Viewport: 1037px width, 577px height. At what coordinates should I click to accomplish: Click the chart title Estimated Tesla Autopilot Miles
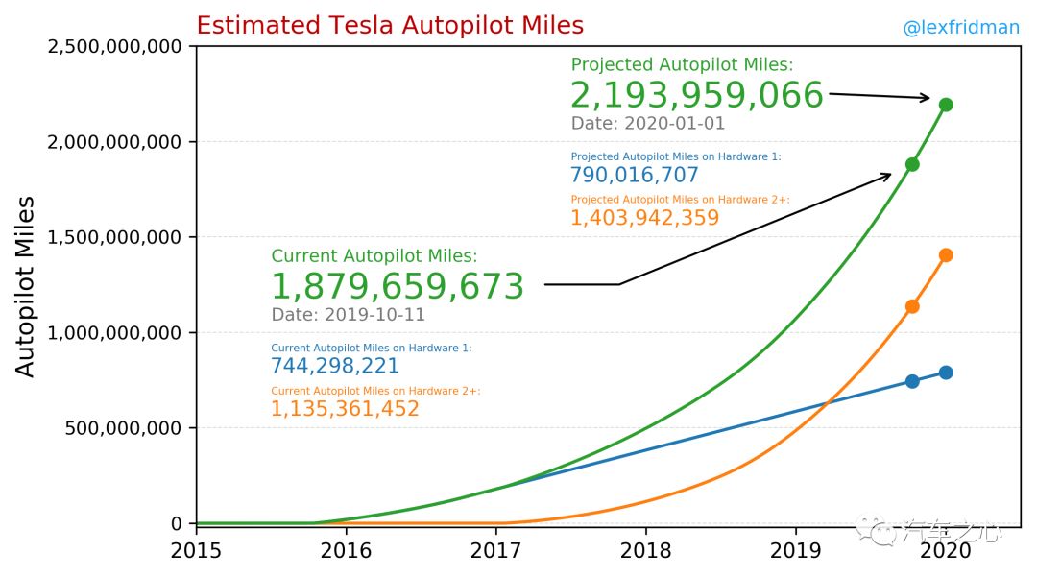click(389, 26)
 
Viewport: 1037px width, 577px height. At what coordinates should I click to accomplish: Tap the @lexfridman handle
click(960, 28)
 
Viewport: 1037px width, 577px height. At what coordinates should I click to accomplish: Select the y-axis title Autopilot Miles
click(27, 286)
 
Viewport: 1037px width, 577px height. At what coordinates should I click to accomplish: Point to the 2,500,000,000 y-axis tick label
click(113, 46)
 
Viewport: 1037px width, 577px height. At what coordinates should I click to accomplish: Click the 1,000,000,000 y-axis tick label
click(113, 333)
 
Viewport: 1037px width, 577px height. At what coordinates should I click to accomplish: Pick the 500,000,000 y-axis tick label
click(123, 428)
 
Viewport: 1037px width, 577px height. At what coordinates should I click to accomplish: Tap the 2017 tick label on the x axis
click(496, 551)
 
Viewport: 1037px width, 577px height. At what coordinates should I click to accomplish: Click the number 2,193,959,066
click(696, 96)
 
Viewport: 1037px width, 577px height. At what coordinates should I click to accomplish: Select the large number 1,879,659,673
click(397, 287)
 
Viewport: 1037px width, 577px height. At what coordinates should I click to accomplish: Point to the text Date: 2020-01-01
click(648, 124)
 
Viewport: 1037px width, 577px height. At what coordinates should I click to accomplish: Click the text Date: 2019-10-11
click(348, 315)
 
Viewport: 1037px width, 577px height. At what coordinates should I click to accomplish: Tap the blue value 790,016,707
click(634, 175)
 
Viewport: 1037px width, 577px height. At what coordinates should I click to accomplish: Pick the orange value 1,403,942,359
click(644, 218)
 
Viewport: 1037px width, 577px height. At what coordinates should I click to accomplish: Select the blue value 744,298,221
click(334, 366)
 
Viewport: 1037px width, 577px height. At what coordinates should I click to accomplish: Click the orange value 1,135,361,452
click(345, 409)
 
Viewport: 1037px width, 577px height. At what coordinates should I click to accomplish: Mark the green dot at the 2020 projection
click(946, 104)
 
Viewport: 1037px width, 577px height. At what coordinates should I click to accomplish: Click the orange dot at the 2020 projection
click(946, 254)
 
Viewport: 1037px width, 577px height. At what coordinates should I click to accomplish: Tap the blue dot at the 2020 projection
click(946, 372)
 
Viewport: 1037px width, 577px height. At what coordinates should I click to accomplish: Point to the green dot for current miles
click(912, 164)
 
